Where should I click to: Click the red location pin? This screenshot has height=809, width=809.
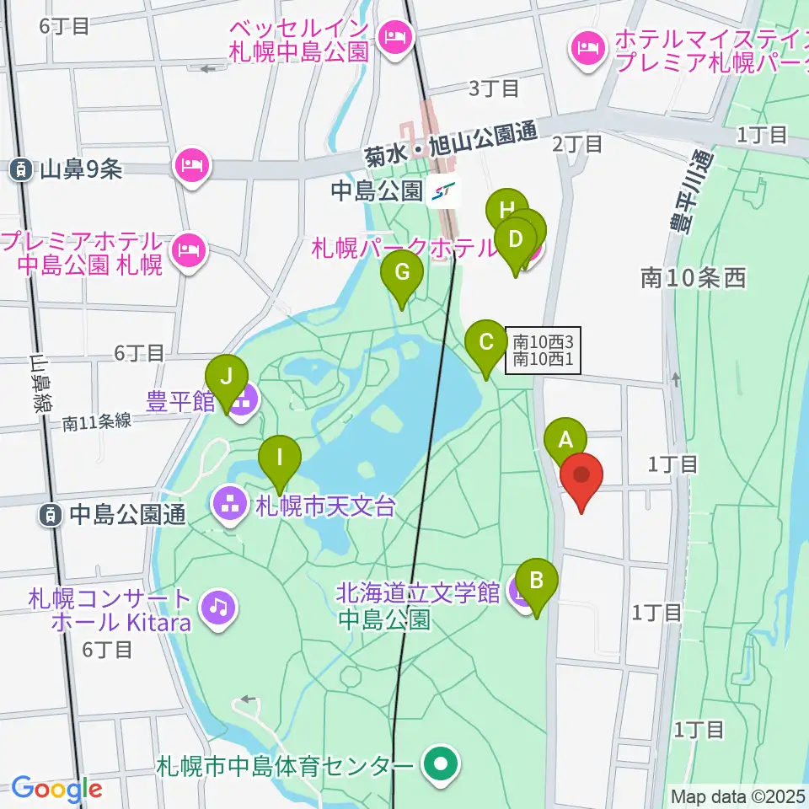point(582,476)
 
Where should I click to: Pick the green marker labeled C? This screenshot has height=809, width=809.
point(486,343)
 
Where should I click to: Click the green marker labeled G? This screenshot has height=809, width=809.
point(402,274)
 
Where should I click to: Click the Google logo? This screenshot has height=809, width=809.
point(56,790)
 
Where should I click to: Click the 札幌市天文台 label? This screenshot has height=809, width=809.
point(324,507)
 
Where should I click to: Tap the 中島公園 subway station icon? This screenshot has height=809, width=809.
point(443,193)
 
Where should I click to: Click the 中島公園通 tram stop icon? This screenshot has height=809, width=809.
point(51,513)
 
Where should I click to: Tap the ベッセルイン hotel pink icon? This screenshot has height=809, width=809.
point(393,36)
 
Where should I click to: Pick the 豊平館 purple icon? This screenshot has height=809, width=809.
point(241,401)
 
